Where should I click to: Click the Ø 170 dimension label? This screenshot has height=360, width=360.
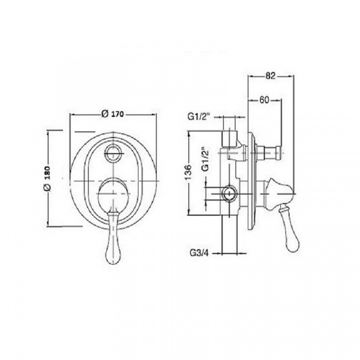point(113,114)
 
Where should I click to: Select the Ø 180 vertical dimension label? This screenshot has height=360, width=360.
point(47,178)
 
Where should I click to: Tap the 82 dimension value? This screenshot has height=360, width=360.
point(270,76)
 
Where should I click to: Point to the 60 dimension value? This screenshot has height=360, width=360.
point(265,100)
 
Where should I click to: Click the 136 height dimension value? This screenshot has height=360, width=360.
point(188,172)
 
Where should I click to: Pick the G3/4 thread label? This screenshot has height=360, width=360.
point(200,253)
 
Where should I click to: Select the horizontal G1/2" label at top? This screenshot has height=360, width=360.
point(199,116)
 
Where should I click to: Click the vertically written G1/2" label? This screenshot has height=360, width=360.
point(205,160)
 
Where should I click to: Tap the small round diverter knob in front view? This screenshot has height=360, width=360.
point(113,153)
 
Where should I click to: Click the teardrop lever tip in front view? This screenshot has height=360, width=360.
point(113,256)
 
